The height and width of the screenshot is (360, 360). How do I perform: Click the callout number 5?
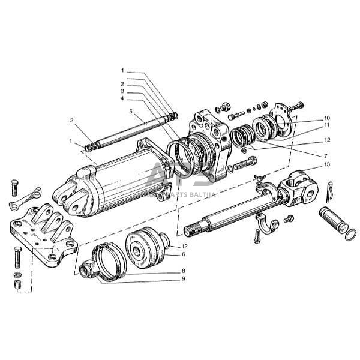click(x=130, y=111)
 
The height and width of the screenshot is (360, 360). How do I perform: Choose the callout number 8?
click(x=184, y=271)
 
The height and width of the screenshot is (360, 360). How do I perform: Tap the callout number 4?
click(x=122, y=98)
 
